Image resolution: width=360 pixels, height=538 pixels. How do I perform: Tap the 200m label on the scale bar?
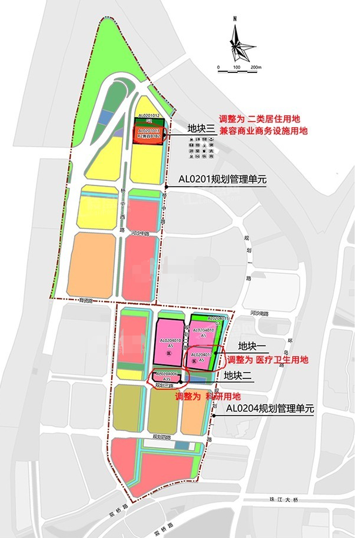[255, 68]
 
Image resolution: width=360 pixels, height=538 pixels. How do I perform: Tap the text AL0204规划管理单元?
[270, 409]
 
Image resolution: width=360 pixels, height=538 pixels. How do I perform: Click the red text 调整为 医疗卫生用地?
[268, 360]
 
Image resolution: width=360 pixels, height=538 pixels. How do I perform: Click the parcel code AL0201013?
[148, 130]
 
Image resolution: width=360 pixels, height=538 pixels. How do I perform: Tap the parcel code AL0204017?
[201, 354]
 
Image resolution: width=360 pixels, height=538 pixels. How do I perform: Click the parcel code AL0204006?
[166, 374]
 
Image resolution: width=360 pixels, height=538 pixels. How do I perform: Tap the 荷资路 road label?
[87, 300]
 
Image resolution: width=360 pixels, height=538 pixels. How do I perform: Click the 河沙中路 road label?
[141, 233]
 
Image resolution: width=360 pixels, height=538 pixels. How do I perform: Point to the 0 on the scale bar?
[218, 68]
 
